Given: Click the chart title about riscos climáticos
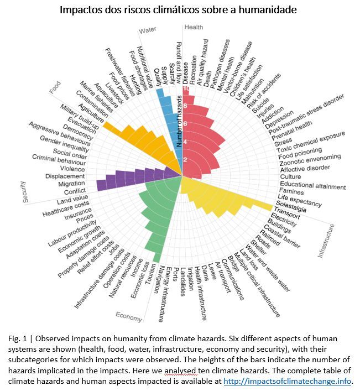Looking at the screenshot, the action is point(178,10).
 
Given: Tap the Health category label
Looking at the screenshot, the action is point(194,27).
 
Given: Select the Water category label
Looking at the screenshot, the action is point(147,30).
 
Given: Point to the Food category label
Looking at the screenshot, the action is point(55,87).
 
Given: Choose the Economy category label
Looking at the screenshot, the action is point(129,316).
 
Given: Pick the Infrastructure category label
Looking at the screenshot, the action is point(326,241).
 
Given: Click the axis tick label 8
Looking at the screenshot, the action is point(185,106).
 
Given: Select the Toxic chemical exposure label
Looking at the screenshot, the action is point(311,142).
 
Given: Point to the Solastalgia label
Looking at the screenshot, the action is point(291,206).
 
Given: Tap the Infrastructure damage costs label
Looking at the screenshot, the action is point(99,278).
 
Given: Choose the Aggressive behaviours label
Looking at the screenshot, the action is point(59,134).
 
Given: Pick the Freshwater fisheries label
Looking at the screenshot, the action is point(119,72).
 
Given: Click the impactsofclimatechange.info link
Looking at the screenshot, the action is point(287,381).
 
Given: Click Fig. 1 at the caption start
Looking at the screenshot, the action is point(17,338).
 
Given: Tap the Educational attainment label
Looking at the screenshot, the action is point(312,185).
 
